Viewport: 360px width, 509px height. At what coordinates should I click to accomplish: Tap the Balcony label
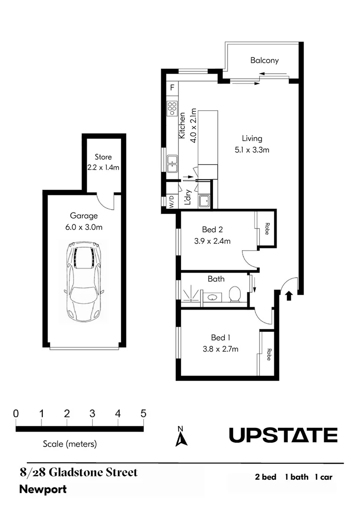click(264, 60)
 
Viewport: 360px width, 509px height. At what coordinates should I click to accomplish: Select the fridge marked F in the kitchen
click(172, 88)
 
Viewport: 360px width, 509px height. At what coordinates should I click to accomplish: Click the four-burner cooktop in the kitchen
click(172, 109)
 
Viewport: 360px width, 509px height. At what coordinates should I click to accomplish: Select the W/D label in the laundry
click(171, 201)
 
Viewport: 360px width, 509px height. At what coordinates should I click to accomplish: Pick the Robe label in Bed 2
click(267, 229)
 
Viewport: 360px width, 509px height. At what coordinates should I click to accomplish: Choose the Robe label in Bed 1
click(268, 354)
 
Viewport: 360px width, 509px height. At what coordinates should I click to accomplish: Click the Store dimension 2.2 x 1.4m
click(103, 167)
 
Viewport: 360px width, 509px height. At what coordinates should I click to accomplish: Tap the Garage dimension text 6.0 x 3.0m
click(84, 227)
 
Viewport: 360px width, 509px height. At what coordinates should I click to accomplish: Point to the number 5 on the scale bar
click(143, 414)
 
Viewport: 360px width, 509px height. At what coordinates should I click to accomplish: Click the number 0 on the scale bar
click(16, 414)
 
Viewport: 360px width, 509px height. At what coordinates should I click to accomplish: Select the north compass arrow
click(181, 438)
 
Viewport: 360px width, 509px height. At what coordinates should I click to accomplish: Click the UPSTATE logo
click(283, 435)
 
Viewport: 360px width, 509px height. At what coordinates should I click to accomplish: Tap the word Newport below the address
click(43, 490)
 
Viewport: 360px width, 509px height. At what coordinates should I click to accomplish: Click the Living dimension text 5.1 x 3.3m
click(252, 150)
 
